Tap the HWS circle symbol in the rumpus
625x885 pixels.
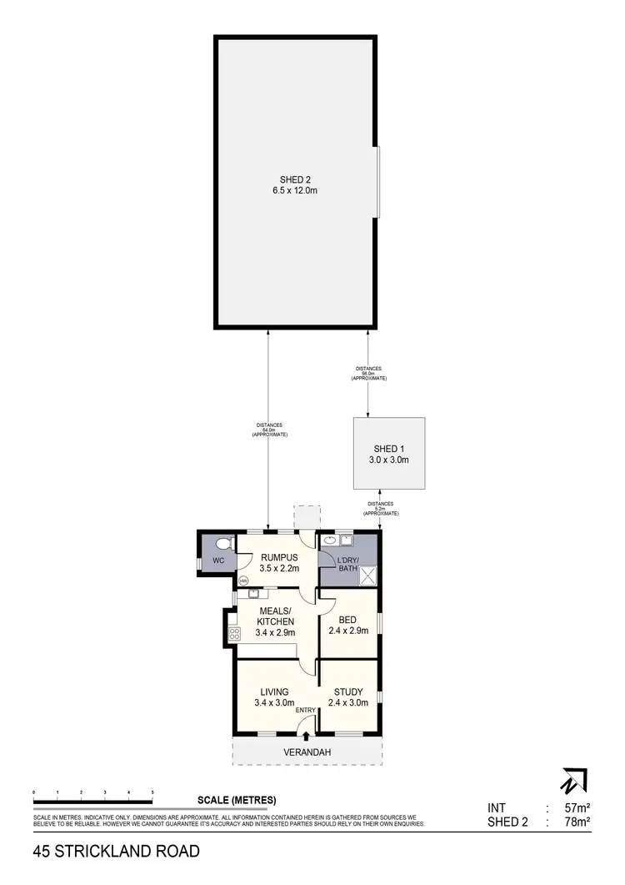tap(244, 580)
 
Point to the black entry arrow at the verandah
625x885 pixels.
tap(307, 736)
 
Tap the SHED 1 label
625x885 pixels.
tap(388, 449)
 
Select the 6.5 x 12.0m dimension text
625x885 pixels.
tap(295, 191)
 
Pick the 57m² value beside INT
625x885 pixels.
tap(577, 807)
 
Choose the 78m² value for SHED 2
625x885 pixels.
tap(577, 822)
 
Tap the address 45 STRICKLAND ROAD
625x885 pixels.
tap(117, 852)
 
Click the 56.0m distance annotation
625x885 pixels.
tap(368, 374)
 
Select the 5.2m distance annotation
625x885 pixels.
tap(381, 509)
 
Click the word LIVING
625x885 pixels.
tap(274, 691)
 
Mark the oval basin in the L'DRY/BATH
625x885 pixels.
tap(330, 540)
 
